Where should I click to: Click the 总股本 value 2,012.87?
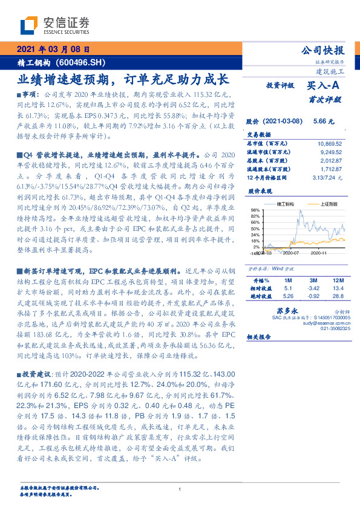pos(330,161)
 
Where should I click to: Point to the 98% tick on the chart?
pos(255,210)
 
